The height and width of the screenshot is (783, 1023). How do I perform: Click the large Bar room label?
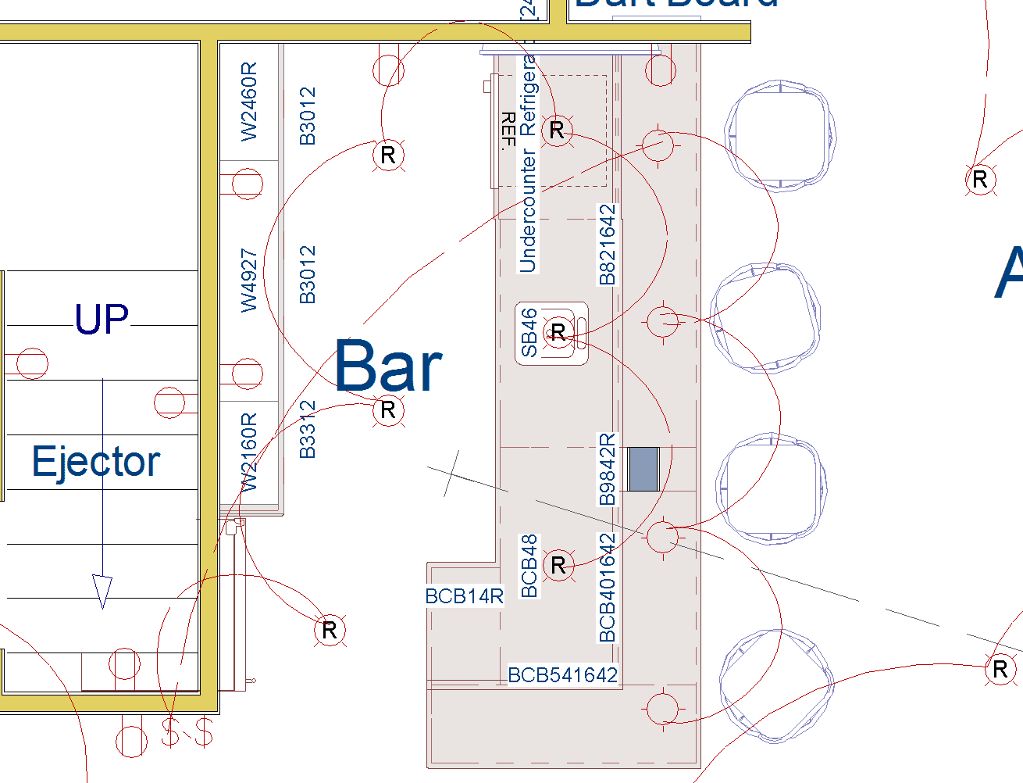(x=388, y=366)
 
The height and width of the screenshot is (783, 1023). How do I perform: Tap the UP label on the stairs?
(x=102, y=319)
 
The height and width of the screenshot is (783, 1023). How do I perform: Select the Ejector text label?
(x=96, y=461)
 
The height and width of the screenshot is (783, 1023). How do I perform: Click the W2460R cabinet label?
(x=248, y=102)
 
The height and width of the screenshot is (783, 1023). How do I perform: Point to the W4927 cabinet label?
(x=248, y=281)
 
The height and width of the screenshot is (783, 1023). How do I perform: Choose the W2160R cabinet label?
(x=248, y=453)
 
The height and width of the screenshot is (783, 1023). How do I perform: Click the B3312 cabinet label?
(x=308, y=429)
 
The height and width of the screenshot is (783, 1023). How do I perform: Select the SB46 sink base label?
(x=529, y=333)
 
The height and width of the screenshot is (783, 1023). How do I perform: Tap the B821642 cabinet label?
(x=607, y=245)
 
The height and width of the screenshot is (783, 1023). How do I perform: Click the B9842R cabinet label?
(x=607, y=469)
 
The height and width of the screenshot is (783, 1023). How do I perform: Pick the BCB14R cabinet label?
(x=465, y=596)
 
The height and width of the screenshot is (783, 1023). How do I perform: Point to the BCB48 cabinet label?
(x=529, y=566)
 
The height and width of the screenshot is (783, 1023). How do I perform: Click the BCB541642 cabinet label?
(x=562, y=675)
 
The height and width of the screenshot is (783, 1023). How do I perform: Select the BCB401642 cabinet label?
(x=607, y=588)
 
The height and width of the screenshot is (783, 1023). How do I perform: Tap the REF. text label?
(x=508, y=130)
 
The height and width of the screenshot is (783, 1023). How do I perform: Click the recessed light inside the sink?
(x=558, y=332)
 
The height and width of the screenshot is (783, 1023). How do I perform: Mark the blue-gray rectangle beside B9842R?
(x=643, y=469)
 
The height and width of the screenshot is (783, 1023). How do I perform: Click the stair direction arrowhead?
(x=102, y=591)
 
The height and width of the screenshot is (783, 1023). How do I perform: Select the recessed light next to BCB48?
(x=558, y=565)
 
